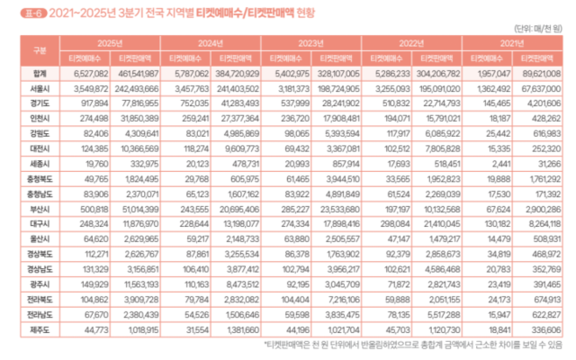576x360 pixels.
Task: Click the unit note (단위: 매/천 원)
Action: pyautogui.click(x=544, y=27)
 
